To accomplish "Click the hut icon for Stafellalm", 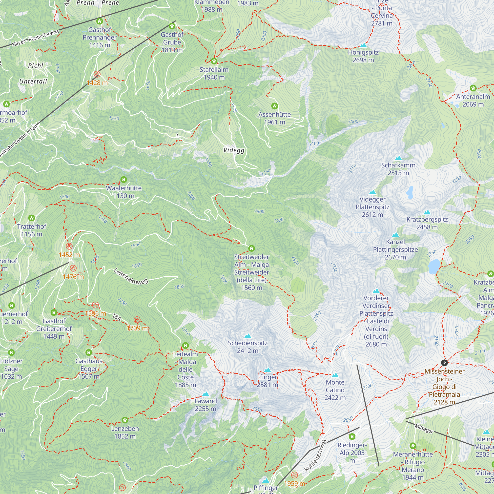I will click(x=214, y=61).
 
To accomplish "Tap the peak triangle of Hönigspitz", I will click(x=363, y=45).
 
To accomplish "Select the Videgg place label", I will click(x=234, y=150).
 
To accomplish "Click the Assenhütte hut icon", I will click(x=274, y=106).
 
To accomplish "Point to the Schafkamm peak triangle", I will click(x=398, y=158).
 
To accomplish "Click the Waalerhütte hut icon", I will click(x=124, y=180).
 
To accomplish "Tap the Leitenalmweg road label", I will click(x=131, y=276).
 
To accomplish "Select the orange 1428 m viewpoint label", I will click(x=97, y=83).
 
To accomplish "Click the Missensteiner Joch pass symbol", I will click(x=444, y=363).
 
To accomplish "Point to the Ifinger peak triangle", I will click(x=268, y=370).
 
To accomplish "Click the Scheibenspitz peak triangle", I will click(x=247, y=336).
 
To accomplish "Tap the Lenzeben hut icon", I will click(x=125, y=420).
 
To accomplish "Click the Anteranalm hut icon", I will click(x=473, y=88).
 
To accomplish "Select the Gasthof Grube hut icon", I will click(x=172, y=26).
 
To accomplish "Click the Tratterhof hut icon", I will click(x=31, y=218).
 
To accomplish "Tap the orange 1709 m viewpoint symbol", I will click(x=137, y=320).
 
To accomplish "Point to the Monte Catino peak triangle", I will click(x=335, y=375).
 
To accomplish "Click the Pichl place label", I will click(x=36, y=66).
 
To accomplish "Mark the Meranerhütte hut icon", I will click(x=413, y=446).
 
